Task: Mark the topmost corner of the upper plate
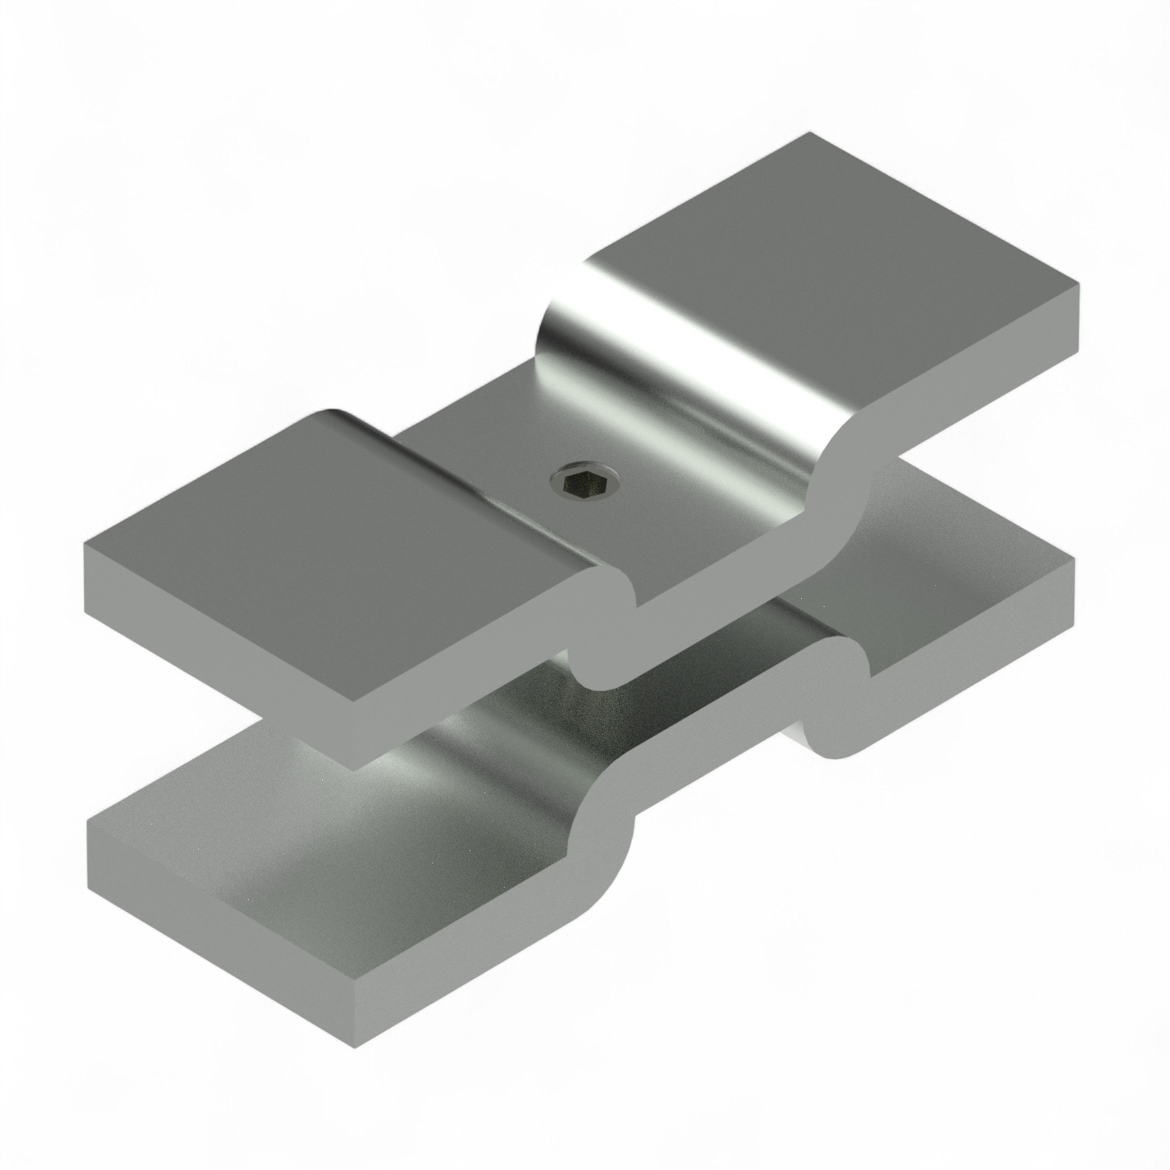[809, 133]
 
